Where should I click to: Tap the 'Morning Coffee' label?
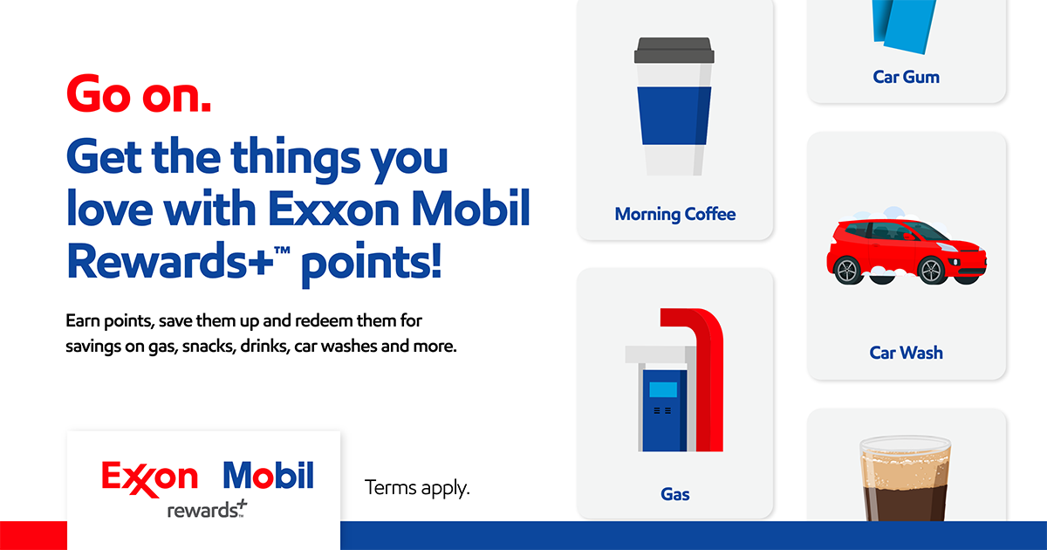point(675,214)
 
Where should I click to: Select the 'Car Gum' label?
point(906,77)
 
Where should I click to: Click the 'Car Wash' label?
point(906,353)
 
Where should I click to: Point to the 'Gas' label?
point(675,494)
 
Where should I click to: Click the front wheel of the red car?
point(931,270)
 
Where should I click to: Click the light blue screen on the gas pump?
point(663,389)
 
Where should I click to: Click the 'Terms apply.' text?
point(417,487)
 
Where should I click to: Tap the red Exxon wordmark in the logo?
point(149,477)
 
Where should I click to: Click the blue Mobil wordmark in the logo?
point(268,477)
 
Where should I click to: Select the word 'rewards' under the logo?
point(202,510)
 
